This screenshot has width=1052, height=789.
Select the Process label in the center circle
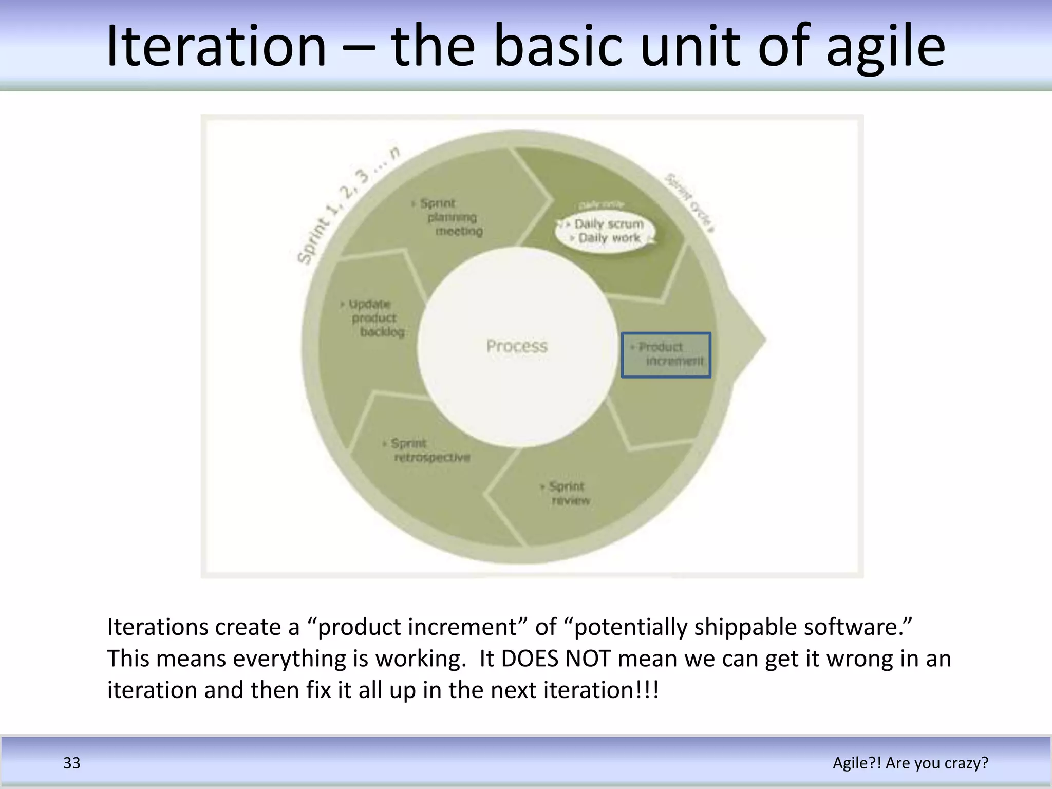click(x=517, y=346)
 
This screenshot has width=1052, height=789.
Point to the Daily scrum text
click(x=609, y=224)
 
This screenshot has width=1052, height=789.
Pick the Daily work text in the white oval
click(x=609, y=238)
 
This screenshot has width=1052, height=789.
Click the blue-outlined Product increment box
click(x=666, y=354)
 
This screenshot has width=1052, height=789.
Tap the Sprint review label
click(x=567, y=493)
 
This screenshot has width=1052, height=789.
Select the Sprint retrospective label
click(x=429, y=450)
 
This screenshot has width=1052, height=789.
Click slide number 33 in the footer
click(x=72, y=763)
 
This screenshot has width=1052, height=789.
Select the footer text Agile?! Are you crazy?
click(x=910, y=763)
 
